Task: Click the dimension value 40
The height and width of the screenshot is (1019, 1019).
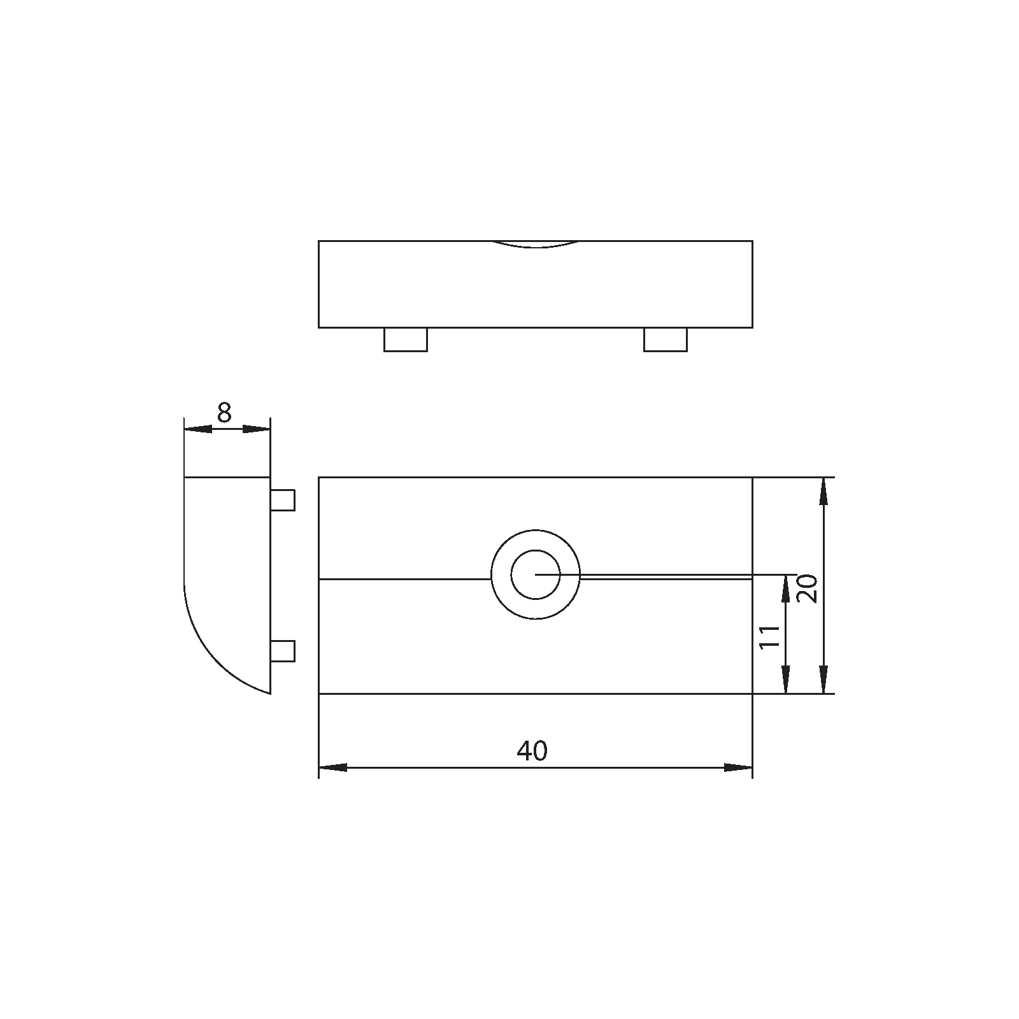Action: click(532, 752)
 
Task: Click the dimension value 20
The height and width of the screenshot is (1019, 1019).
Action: click(807, 588)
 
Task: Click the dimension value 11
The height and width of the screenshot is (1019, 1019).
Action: click(771, 636)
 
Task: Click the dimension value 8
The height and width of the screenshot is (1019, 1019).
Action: click(224, 413)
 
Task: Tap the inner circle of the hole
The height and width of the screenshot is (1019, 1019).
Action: click(535, 574)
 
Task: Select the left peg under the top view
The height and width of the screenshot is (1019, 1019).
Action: click(405, 339)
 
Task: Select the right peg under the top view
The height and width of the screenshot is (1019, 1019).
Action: click(665, 339)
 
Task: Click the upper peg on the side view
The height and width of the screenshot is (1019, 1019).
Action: click(283, 500)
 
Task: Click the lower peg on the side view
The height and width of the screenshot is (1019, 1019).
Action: click(283, 651)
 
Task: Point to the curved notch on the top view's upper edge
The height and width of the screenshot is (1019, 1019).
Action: click(536, 245)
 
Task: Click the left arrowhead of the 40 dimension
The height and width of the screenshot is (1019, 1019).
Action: click(332, 767)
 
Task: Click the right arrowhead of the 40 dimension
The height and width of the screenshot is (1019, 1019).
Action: click(739, 767)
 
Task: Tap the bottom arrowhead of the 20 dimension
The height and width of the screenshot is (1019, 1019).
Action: click(824, 680)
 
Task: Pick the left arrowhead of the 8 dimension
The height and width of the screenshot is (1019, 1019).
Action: click(198, 429)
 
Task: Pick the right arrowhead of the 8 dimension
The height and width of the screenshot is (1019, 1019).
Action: click(256, 429)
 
